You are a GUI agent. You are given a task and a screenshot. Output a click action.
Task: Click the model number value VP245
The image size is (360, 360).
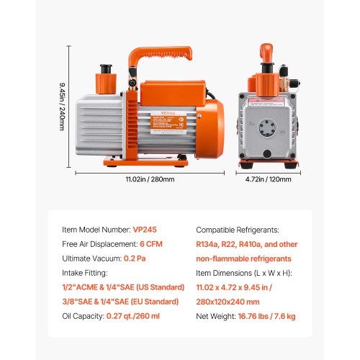[x=145, y=230]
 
